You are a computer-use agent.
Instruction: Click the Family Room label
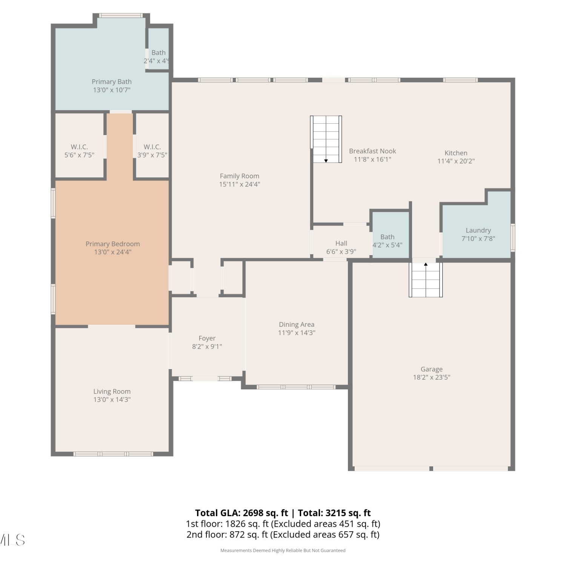tap(240, 176)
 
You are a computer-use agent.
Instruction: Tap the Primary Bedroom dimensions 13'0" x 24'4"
tap(112, 252)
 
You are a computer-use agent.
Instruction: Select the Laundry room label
tap(478, 230)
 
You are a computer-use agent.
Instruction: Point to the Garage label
tap(432, 369)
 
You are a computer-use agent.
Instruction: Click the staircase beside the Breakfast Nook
tap(326, 139)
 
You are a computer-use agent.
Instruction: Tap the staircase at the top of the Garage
tap(426, 280)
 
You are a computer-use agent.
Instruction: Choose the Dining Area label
tap(297, 325)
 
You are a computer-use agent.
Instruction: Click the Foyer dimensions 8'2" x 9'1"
tap(207, 346)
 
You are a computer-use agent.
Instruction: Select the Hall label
tap(341, 243)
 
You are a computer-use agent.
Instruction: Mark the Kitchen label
tap(456, 153)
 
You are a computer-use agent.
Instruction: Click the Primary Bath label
tap(112, 82)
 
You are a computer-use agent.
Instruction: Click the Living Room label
tap(112, 392)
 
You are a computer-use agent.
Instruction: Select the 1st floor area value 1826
tap(235, 524)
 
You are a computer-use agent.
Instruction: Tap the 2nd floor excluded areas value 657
tap(346, 535)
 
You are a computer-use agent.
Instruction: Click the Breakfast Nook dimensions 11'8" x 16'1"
tap(372, 159)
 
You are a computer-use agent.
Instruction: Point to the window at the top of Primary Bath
tap(121, 15)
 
